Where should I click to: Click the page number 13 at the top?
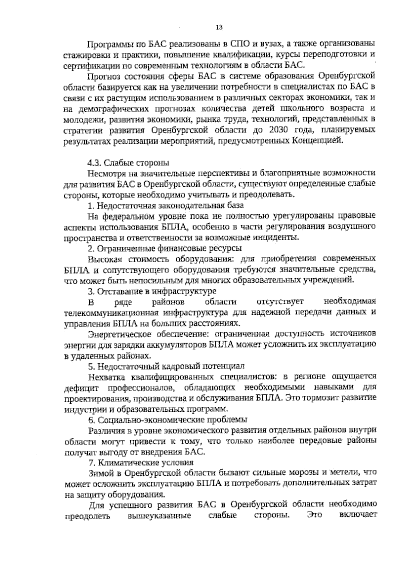[x=219, y=28]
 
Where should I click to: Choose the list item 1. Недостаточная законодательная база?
[x=165, y=206]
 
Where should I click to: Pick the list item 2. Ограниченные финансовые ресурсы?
[x=164, y=248]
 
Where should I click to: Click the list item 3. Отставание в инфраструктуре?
[x=152, y=291]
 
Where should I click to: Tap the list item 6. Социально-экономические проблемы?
[x=167, y=420]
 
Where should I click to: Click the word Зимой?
[x=102, y=473]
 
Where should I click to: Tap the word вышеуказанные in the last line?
[x=159, y=516]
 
